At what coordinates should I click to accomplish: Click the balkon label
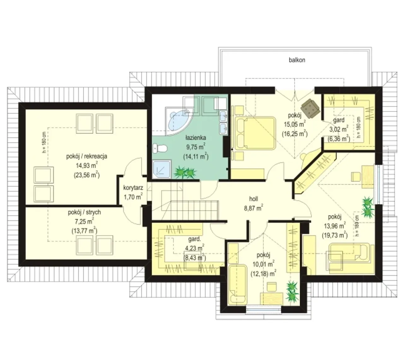pos(297,60)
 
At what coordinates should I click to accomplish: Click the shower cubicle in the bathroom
pos(162,169)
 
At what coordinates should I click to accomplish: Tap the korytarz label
pos(133,188)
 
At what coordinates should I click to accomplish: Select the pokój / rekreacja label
pos(86,156)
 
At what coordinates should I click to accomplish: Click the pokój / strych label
pos(84,212)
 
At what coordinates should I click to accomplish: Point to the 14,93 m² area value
pos(86,165)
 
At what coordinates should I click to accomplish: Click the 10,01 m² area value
pos(263,264)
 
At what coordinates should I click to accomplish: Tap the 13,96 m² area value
pos(335,226)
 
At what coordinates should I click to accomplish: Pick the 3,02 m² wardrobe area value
pos(339,129)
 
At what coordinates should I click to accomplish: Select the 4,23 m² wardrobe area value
pos(194,248)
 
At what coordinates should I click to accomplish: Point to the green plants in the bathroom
pos(185,172)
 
